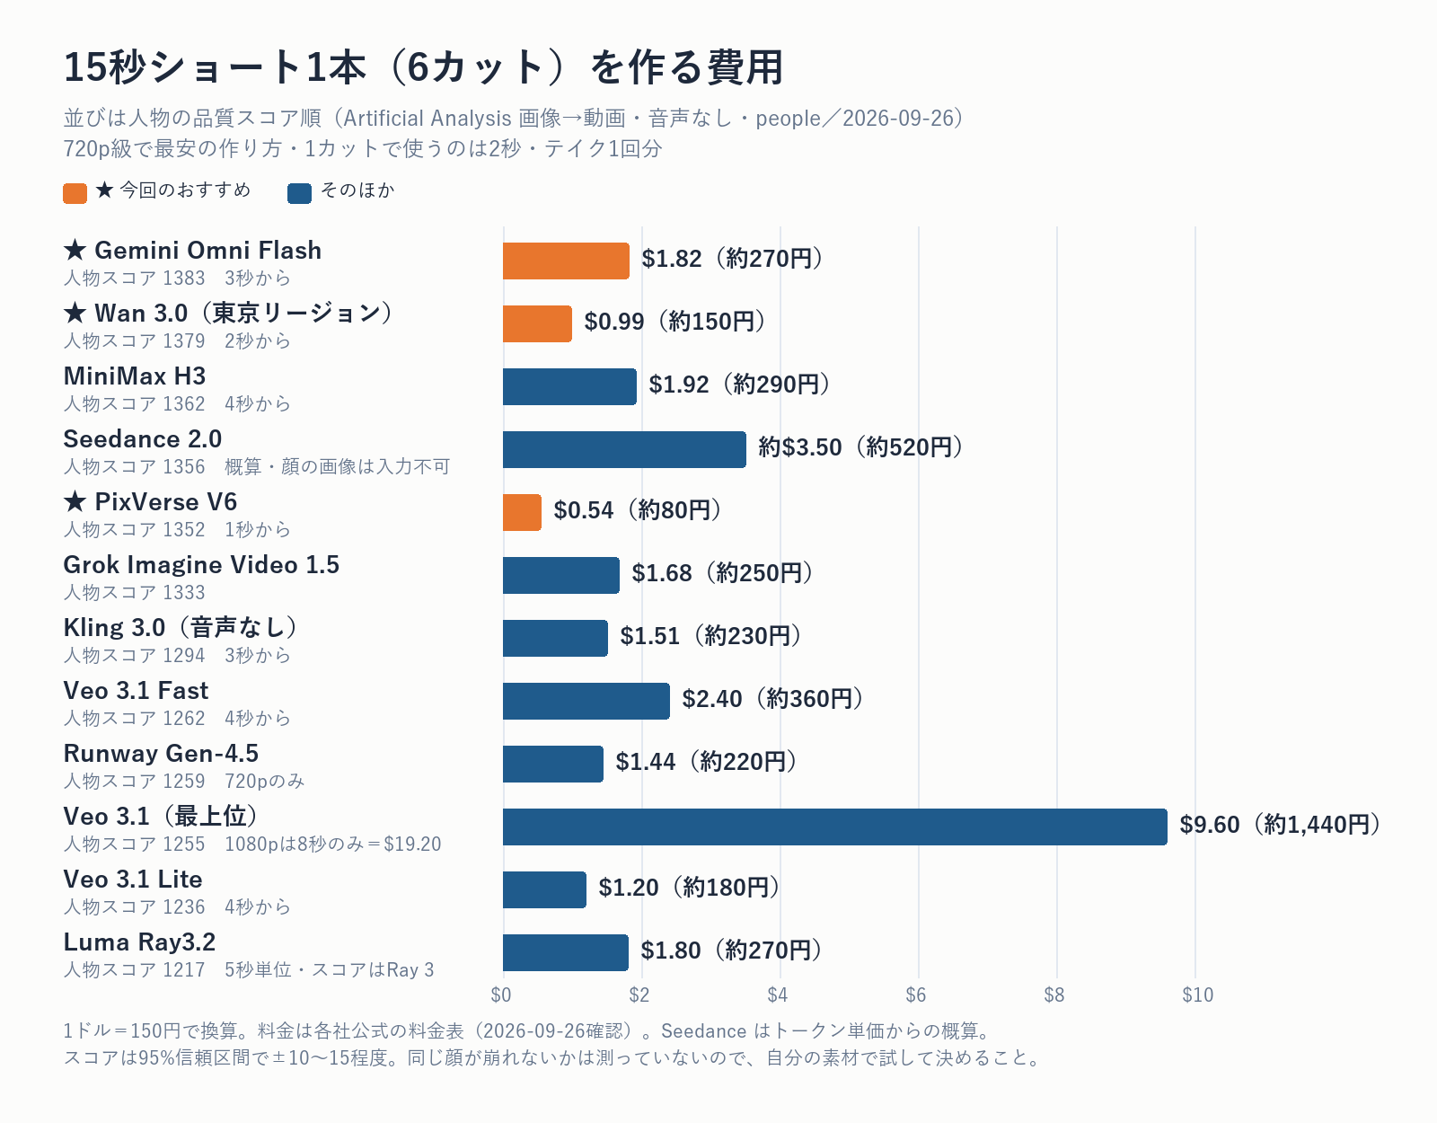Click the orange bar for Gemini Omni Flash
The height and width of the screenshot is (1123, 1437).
[566, 261]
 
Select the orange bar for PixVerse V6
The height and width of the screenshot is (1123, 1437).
[522, 513]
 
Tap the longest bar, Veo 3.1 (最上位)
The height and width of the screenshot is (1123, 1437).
[834, 827]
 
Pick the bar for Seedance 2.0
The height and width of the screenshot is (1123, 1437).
[624, 450]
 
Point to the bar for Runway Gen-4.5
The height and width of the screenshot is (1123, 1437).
[553, 764]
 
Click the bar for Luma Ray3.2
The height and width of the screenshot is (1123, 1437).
[566, 952]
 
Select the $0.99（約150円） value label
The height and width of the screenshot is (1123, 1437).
[675, 322]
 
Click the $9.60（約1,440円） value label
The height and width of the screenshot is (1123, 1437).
[1281, 825]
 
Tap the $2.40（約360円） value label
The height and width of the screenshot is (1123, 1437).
[773, 699]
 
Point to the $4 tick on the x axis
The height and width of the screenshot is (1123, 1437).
[778, 995]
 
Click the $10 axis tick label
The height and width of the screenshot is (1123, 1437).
[1197, 995]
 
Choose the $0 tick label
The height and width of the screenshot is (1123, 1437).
[501, 995]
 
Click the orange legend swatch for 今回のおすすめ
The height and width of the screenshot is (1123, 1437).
[75, 193]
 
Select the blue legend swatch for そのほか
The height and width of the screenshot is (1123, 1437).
[300, 193]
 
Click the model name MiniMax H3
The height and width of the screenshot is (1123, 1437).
[135, 376]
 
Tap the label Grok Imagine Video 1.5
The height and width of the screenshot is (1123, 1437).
[201, 565]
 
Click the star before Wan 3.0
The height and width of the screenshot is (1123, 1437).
[75, 313]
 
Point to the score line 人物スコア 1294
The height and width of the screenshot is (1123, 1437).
[134, 656]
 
